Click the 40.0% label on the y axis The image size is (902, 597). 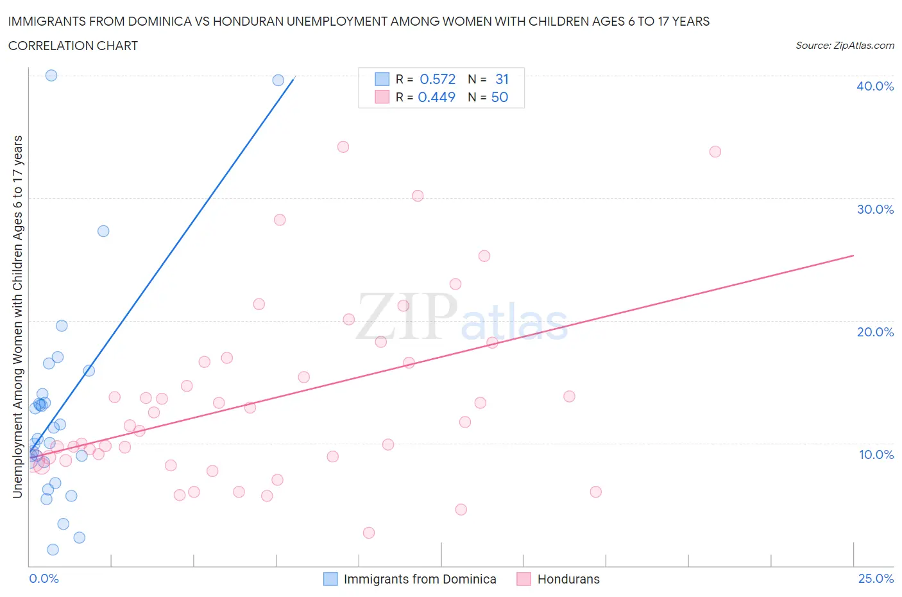tap(875, 86)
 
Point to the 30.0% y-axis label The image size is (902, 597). tap(875, 209)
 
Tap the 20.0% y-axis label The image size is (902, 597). tap(875, 332)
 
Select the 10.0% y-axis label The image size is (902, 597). tap(876, 454)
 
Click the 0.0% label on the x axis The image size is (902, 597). tap(44, 578)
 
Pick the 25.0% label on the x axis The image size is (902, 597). tap(876, 578)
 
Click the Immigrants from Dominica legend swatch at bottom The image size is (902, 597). tap(330, 579)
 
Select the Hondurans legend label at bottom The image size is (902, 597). tap(568, 579)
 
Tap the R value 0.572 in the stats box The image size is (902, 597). tap(438, 79)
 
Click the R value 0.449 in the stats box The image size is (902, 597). tap(436, 97)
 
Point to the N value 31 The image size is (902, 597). tap(502, 79)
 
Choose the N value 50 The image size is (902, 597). tap(500, 97)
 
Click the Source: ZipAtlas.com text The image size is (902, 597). tap(844, 45)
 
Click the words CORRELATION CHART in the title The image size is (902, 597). tap(73, 46)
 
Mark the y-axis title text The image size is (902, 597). tap(17, 316)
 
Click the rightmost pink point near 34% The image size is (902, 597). tap(715, 151)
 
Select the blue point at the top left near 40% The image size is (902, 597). tap(51, 75)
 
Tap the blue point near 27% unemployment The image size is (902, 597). tap(103, 231)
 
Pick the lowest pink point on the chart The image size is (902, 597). tap(368, 533)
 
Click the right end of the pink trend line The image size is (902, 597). tap(853, 255)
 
